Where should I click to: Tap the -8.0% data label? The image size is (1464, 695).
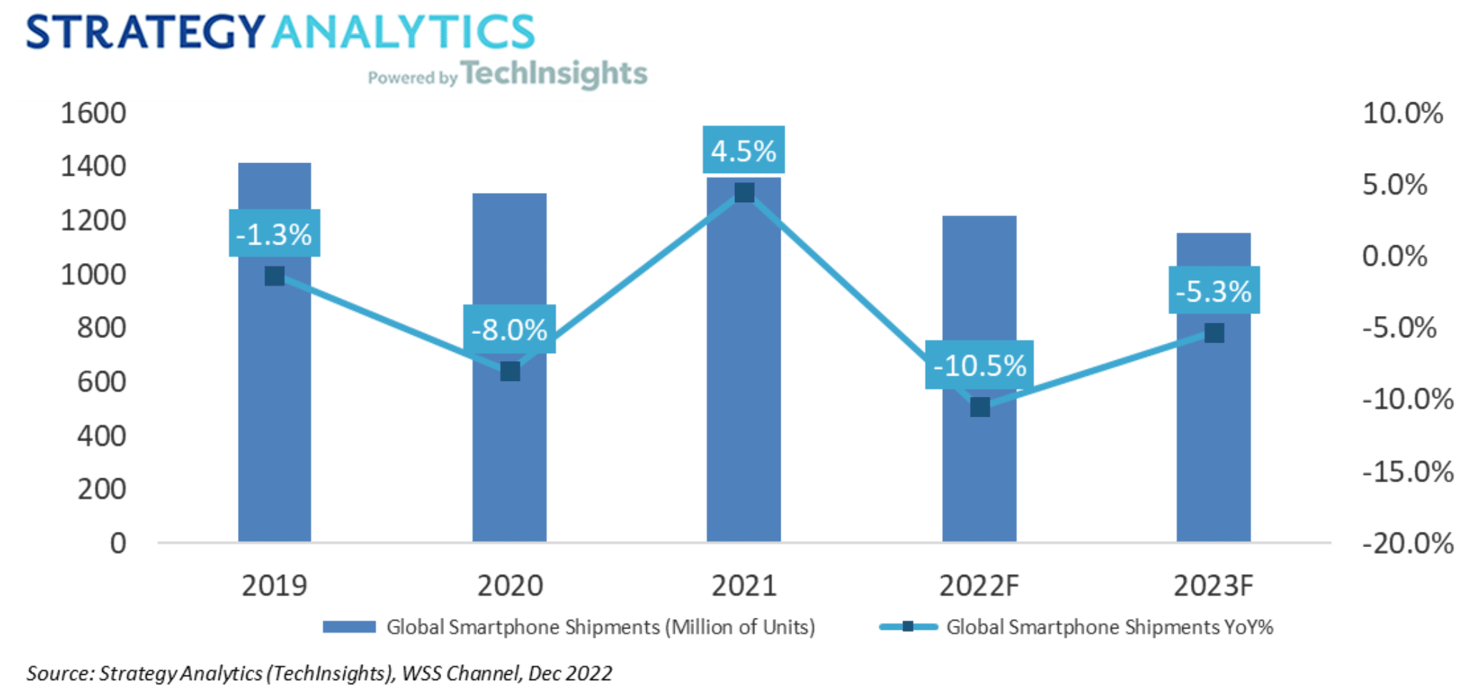click(509, 330)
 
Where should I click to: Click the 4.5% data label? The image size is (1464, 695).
click(743, 151)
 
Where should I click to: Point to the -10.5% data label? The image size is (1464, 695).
click(979, 365)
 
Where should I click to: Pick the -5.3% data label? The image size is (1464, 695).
click(1214, 291)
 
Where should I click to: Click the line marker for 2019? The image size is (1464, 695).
click(274, 276)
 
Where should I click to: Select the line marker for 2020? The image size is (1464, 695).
click(510, 371)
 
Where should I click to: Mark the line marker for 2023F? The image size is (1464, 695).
click(1214, 333)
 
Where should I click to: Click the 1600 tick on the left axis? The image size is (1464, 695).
click(93, 114)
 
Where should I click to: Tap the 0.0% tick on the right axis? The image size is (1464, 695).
click(1394, 257)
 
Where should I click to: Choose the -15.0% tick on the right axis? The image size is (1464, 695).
click(1407, 472)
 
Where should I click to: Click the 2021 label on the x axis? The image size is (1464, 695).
click(743, 586)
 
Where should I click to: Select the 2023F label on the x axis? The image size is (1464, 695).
click(1214, 586)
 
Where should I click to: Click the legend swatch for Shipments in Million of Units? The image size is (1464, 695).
click(349, 627)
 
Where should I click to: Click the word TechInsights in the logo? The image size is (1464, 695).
click(554, 74)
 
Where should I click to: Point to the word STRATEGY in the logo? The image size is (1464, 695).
click(145, 32)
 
